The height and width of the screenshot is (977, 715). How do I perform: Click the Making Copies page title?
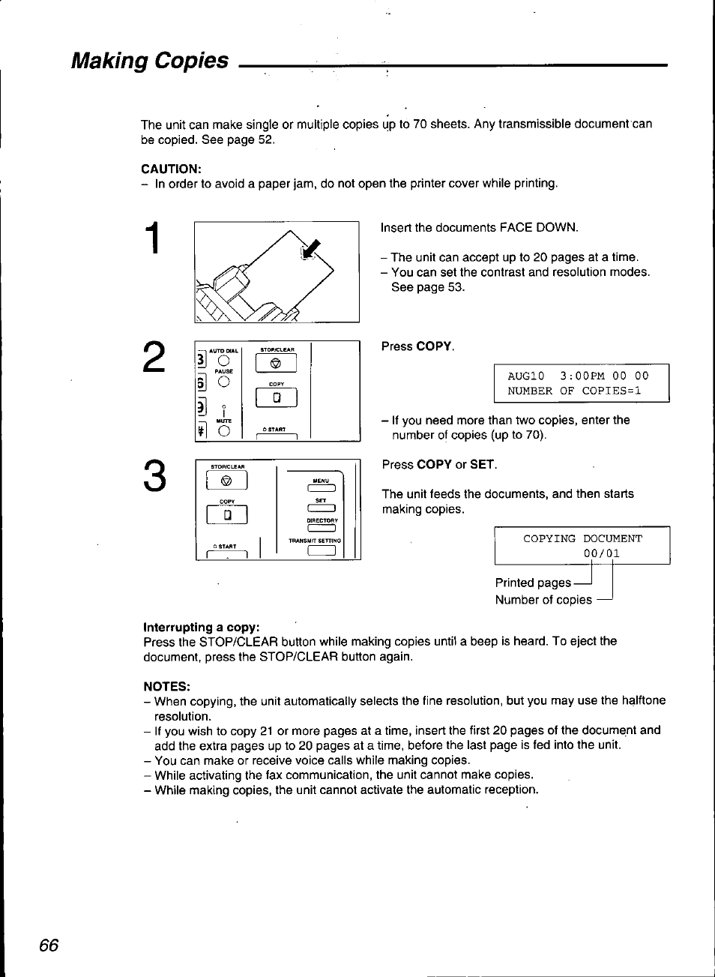(x=150, y=61)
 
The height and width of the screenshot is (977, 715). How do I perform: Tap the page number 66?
(x=49, y=946)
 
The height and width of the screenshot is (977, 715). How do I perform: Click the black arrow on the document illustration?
(x=309, y=247)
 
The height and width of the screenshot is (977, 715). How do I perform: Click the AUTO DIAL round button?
(x=223, y=360)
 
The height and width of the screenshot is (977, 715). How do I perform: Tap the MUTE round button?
(x=223, y=430)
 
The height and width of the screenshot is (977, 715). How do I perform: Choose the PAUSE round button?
(x=223, y=382)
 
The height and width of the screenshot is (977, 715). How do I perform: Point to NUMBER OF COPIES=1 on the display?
(x=574, y=391)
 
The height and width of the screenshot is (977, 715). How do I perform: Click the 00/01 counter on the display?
(x=602, y=554)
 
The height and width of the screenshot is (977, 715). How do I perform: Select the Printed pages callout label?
(x=533, y=583)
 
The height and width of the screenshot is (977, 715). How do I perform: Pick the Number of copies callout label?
(x=543, y=600)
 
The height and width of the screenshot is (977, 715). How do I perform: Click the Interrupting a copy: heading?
(x=202, y=626)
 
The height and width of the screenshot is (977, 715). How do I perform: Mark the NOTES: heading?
(x=167, y=686)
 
